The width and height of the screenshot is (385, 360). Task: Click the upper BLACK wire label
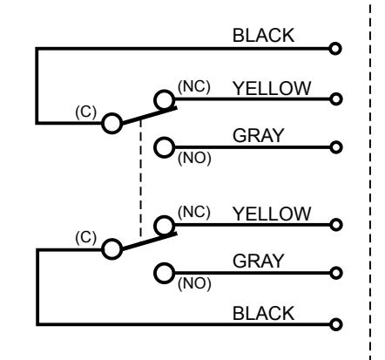(x=263, y=36)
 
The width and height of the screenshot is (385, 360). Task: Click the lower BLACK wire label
(x=263, y=313)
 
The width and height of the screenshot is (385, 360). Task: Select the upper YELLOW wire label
(x=272, y=88)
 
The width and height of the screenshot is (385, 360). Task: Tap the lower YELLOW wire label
(x=272, y=214)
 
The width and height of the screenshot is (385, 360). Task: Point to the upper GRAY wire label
(x=258, y=135)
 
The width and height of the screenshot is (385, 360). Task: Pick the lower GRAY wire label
(x=258, y=261)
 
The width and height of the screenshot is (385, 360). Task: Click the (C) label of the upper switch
(x=85, y=112)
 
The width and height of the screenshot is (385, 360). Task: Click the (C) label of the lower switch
(x=85, y=237)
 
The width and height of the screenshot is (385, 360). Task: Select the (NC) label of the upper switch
(x=194, y=86)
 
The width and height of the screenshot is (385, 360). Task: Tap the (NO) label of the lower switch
(x=194, y=283)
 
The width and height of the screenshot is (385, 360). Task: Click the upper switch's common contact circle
(x=112, y=124)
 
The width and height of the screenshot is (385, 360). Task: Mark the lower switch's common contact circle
(x=112, y=249)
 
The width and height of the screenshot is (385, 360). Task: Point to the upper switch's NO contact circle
(x=165, y=147)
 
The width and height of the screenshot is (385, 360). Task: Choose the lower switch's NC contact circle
(x=165, y=226)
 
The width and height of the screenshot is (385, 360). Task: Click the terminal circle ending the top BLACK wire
(x=335, y=49)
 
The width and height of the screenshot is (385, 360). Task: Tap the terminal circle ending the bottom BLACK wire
(x=336, y=324)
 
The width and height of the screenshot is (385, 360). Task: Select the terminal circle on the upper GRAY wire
(x=336, y=147)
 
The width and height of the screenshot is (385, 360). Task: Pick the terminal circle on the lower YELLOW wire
(x=336, y=225)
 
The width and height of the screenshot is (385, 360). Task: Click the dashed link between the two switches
(x=141, y=178)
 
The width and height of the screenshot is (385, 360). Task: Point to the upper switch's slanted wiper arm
(x=149, y=116)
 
